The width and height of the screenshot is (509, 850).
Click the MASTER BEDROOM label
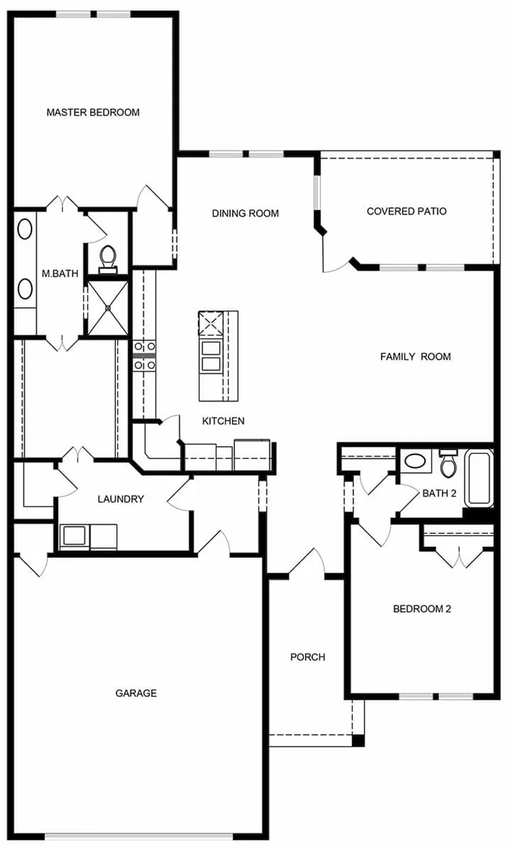[93, 112]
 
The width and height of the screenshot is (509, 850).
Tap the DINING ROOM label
[245, 214]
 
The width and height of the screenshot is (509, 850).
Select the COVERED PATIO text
[406, 211]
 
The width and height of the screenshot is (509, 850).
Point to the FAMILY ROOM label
[415, 357]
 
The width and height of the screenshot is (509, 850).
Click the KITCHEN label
[223, 421]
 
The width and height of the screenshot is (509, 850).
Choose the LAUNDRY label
[121, 499]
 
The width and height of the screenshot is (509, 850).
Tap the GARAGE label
[136, 693]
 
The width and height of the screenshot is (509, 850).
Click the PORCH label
[307, 657]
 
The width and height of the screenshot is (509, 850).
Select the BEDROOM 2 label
[422, 609]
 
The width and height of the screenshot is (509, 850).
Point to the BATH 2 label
[439, 494]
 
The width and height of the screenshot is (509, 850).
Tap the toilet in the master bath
[107, 258]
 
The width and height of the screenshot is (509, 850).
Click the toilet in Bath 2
[449, 464]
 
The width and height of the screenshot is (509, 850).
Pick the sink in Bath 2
[418, 461]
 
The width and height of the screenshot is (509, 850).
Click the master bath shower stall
[108, 307]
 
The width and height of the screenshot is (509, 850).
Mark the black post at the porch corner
[358, 740]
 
